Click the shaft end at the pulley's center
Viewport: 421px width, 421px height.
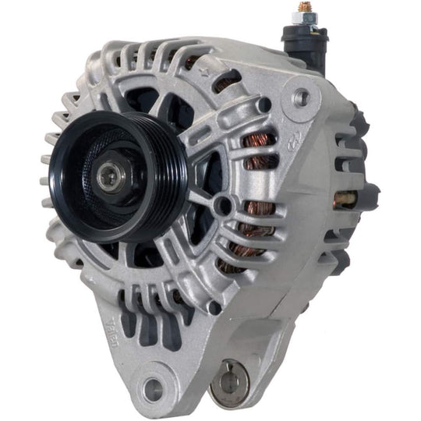click(108, 175)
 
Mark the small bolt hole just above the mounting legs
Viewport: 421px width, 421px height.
click(214, 307)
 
